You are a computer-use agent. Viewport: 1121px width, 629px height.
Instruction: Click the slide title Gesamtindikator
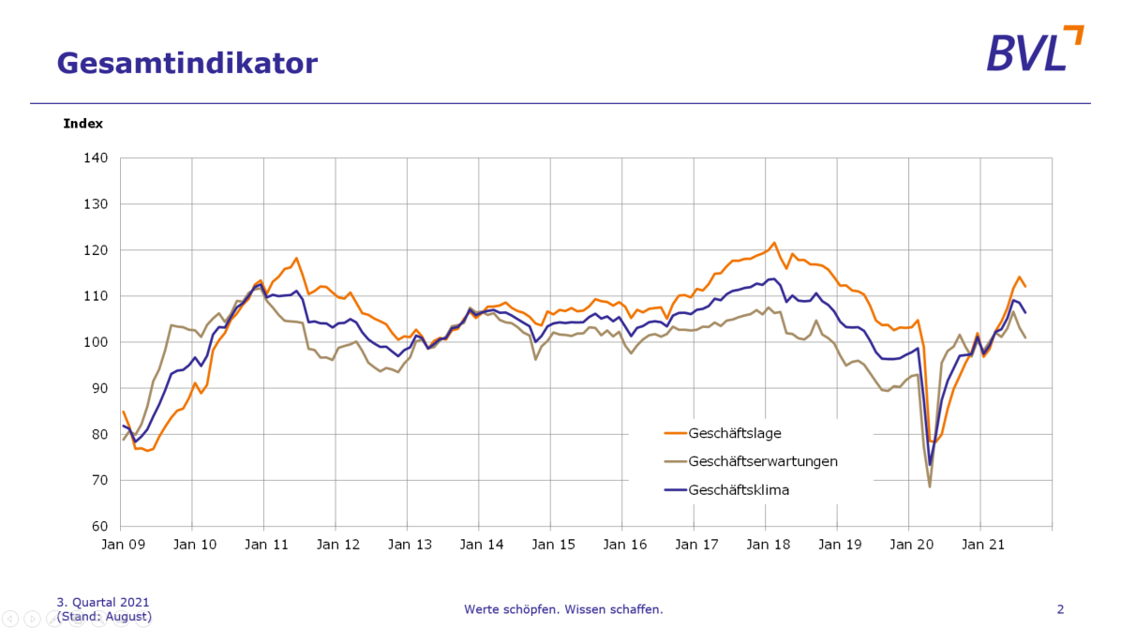(187, 63)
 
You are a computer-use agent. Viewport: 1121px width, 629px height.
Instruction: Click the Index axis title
(83, 124)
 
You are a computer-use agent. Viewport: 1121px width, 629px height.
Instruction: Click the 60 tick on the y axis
(100, 526)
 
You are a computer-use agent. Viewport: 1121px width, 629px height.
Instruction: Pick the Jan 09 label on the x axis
(122, 545)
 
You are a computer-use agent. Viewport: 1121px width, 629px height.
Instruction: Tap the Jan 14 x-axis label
(479, 545)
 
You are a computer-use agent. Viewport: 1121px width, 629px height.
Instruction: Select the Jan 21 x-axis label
(979, 545)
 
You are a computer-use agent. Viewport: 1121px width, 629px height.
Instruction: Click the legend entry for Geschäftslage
(735, 433)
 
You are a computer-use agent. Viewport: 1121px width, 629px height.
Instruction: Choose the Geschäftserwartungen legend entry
(763, 461)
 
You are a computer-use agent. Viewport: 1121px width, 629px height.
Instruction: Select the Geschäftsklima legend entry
(739, 489)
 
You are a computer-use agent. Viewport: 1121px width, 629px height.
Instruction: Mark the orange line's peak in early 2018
(774, 243)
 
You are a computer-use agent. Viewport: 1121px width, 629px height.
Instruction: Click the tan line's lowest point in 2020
(930, 487)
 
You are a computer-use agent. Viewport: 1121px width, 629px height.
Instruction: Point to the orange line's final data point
(1025, 286)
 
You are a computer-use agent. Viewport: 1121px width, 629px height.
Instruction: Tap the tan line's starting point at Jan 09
(123, 440)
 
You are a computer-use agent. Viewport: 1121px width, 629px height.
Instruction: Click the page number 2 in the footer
(1060, 609)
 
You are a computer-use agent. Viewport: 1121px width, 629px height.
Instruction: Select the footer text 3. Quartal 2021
(103, 602)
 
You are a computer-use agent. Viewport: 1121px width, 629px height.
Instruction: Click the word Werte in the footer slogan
(481, 609)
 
